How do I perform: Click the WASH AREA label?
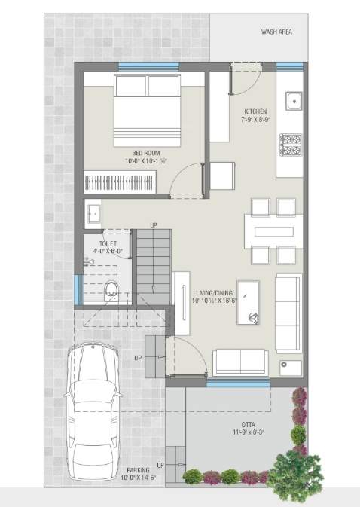276,32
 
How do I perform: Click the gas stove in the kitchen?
290,144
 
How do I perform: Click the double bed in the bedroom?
147,109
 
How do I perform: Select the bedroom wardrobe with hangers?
119,182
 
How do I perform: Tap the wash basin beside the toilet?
93,212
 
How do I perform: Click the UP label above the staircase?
154,225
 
